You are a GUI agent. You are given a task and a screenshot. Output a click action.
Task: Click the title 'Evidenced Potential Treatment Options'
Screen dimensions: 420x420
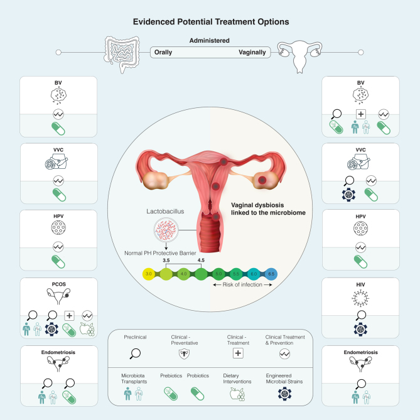[210, 21]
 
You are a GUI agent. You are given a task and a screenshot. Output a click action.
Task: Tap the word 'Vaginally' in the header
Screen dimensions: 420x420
[252, 53]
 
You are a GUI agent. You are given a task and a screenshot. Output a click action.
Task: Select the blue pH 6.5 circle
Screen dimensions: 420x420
[271, 274]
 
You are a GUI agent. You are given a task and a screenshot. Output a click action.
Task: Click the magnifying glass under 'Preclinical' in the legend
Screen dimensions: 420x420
[135, 352]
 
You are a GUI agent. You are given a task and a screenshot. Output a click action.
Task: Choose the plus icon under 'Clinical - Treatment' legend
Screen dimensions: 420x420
[239, 352]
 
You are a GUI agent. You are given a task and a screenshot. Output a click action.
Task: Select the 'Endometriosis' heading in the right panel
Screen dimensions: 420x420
[360, 352]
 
